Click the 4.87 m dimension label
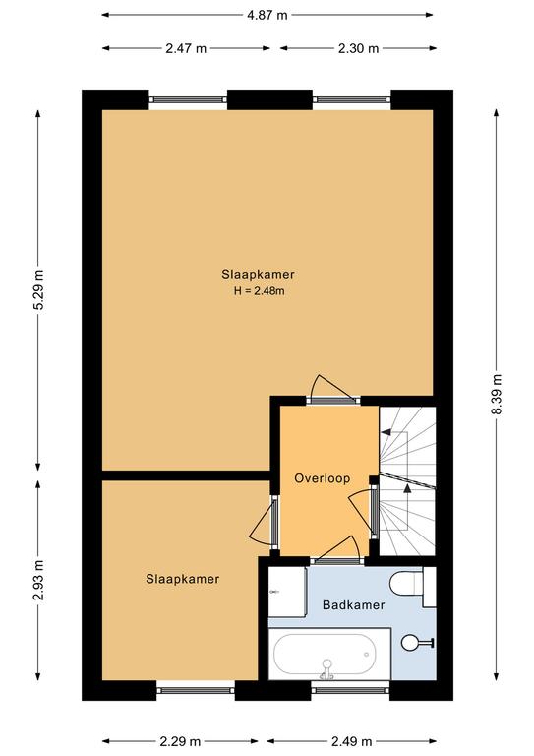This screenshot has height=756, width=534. pyautogui.click(x=267, y=15)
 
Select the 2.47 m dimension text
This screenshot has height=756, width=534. pyautogui.click(x=186, y=48)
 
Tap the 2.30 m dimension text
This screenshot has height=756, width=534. pyautogui.click(x=358, y=48)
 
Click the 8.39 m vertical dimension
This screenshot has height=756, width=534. pyautogui.click(x=497, y=395)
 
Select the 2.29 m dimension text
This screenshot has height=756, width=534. pyautogui.click(x=180, y=741)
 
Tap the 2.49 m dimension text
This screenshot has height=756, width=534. pyautogui.click(x=351, y=741)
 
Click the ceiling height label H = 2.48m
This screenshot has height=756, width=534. pyautogui.click(x=259, y=291)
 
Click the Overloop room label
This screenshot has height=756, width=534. pyautogui.click(x=323, y=478)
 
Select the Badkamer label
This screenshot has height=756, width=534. pyautogui.click(x=353, y=605)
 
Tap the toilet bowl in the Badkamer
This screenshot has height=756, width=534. pyautogui.click(x=403, y=584)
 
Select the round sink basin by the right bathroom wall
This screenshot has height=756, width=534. pyautogui.click(x=411, y=642)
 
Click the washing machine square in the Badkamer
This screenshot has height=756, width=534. pyautogui.click(x=287, y=592)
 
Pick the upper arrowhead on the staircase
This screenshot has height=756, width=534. pyautogui.click(x=386, y=432)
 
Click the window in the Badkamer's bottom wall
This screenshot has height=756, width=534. pyautogui.click(x=350, y=690)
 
